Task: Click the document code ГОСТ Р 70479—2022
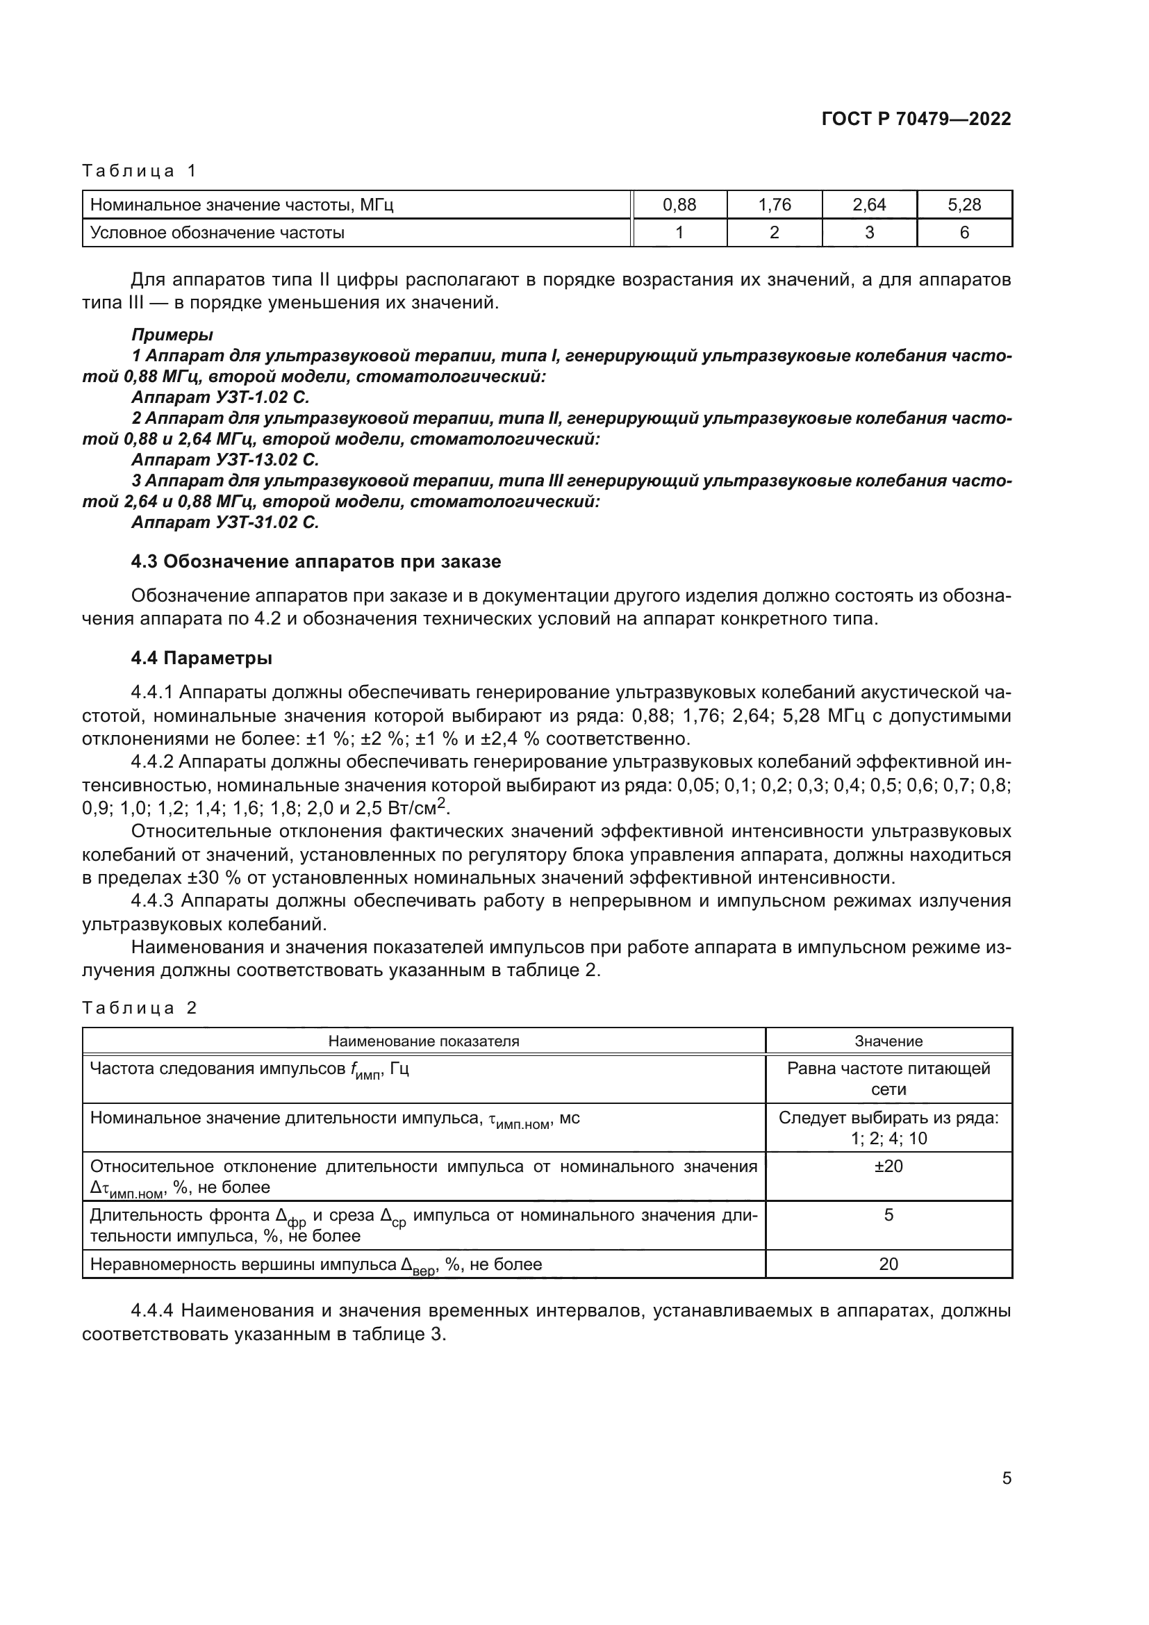916,119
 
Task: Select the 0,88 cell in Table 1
679,205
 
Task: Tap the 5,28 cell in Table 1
964,205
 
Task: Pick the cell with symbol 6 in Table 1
964,233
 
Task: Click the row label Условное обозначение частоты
217,233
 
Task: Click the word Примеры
172,335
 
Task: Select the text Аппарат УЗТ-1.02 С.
220,397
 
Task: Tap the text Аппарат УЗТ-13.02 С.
225,460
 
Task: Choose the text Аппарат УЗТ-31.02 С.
225,522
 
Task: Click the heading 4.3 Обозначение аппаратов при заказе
315,561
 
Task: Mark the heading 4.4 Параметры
201,658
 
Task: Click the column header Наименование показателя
423,1041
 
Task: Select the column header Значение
888,1041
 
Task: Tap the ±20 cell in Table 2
888,1166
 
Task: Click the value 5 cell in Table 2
888,1215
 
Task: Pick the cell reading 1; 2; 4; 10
888,1139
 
